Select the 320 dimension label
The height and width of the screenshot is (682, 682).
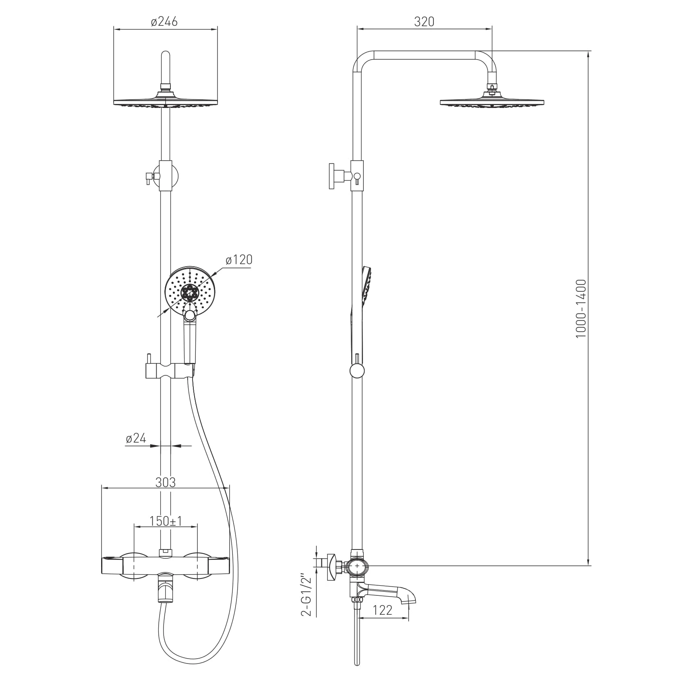(x=425, y=21)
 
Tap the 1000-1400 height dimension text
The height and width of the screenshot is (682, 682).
(x=581, y=309)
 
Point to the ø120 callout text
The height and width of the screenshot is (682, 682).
(x=239, y=260)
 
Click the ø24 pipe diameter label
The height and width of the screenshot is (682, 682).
(x=136, y=438)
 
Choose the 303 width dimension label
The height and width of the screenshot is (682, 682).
(x=166, y=482)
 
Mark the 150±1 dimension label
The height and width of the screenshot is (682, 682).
(x=166, y=521)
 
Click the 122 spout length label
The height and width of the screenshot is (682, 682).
(x=382, y=610)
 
